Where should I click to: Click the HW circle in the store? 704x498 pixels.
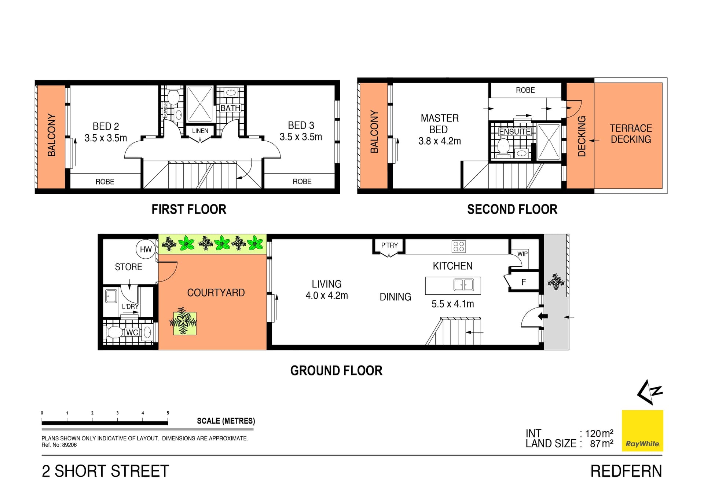[x=145, y=249]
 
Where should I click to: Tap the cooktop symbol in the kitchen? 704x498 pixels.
[x=459, y=246]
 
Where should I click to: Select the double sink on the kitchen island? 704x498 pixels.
[x=463, y=285]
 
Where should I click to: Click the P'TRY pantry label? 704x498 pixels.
[x=389, y=245]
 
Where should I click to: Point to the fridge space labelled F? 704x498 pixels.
[x=524, y=282]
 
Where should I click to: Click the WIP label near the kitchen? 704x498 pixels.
[x=522, y=254]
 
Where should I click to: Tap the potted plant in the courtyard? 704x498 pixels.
[x=184, y=322]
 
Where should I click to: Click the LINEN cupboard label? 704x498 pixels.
[x=200, y=131]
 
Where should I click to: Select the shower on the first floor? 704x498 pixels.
[x=200, y=104]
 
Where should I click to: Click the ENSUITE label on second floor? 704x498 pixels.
[x=514, y=132]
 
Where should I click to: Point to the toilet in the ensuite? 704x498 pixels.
[x=503, y=147]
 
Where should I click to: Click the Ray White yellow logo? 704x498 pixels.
[x=642, y=430]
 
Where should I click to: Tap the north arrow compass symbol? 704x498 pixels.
[x=649, y=392]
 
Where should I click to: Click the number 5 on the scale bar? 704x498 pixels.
[x=168, y=413]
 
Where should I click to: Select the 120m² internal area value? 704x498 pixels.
[x=599, y=434]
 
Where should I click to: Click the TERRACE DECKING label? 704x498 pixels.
[x=631, y=134]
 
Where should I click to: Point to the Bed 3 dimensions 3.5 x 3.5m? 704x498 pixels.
[x=301, y=137]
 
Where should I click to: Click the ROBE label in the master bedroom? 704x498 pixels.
[x=525, y=90]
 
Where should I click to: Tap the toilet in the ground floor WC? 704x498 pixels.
[x=114, y=332]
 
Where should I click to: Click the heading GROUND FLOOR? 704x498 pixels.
[x=336, y=371]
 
